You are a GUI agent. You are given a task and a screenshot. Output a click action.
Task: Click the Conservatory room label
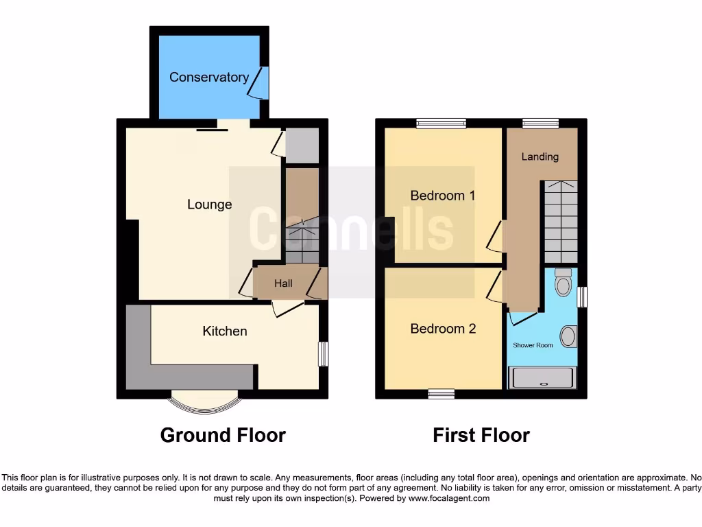tap(209, 77)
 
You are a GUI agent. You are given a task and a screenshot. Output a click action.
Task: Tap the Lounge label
tap(210, 204)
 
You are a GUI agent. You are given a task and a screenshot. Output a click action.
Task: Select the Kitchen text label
tap(225, 331)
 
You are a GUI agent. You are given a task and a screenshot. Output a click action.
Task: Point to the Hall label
tap(283, 283)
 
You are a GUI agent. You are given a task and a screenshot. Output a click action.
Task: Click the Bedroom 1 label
tap(443, 196)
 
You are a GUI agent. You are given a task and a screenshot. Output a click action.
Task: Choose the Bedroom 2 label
tap(443, 329)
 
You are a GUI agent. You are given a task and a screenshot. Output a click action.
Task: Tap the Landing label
tap(540, 156)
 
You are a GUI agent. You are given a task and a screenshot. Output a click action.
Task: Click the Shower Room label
tap(533, 345)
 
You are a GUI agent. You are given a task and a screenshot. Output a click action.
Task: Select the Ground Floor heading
tap(223, 435)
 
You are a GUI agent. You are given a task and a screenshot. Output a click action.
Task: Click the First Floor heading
tap(481, 435)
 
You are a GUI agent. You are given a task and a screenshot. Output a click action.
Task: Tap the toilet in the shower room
tap(564, 282)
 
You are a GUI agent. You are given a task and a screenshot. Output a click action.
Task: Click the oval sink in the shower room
tap(568, 336)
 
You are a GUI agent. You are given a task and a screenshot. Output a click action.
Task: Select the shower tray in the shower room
tap(542, 377)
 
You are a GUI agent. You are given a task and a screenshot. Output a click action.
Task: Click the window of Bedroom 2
tap(441, 394)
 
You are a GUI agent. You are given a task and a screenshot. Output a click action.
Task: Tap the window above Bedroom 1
tap(441, 124)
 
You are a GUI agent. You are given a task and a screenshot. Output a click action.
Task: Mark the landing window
tap(540, 124)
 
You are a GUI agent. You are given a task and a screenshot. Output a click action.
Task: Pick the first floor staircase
tap(561, 222)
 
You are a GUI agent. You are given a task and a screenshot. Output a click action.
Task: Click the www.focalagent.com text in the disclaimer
tap(449, 498)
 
